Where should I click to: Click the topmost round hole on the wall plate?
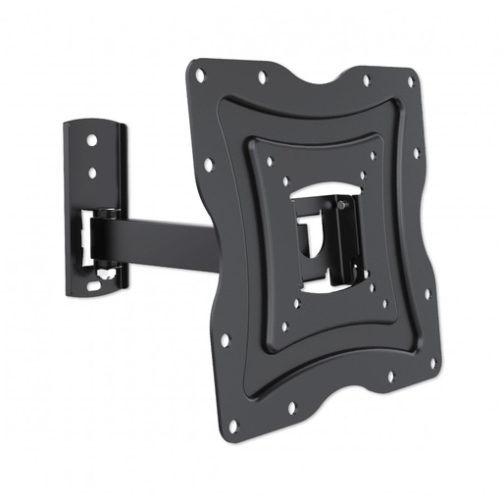pos(92,140)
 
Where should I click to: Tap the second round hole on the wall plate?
pos(93,173)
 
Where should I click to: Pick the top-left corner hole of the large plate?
pos(200,75)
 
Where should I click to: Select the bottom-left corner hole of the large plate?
pos(232,425)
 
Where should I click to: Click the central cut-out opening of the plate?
pos(314,235)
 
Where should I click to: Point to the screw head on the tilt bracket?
pos(343,206)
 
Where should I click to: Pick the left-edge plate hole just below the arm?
pos(225,340)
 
